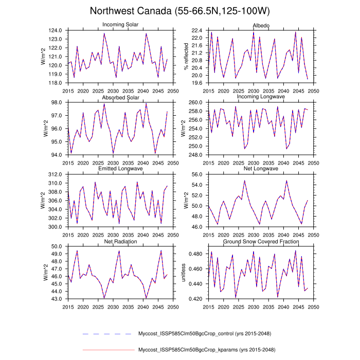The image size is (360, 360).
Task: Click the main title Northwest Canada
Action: (179, 11)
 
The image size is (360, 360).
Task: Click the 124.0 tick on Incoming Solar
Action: (56, 31)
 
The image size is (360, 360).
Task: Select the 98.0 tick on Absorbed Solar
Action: (58, 102)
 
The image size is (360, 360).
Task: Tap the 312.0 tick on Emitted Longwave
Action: (56, 174)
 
